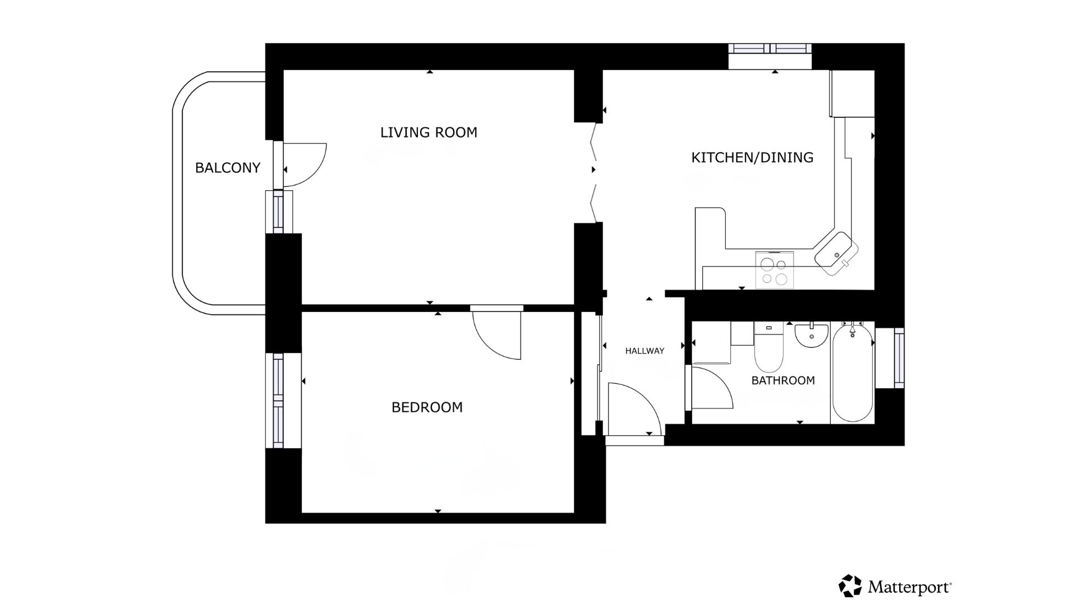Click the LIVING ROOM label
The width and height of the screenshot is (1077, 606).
[x=429, y=132]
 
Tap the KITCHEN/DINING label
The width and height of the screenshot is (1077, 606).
[x=752, y=158]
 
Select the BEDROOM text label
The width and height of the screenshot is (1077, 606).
[x=427, y=407]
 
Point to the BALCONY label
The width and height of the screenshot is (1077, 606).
[x=228, y=168]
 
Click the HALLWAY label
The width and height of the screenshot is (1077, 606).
[x=645, y=351]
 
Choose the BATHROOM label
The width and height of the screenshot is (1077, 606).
[x=783, y=380]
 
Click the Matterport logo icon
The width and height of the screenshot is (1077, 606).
[x=850, y=586]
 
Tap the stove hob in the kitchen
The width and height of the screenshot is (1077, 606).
[x=775, y=270]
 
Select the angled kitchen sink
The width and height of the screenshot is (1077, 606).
[x=836, y=253]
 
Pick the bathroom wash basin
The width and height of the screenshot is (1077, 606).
[x=811, y=335]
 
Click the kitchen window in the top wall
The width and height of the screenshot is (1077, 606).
[x=770, y=49]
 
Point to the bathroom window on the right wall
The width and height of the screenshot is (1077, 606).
[x=899, y=357]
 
